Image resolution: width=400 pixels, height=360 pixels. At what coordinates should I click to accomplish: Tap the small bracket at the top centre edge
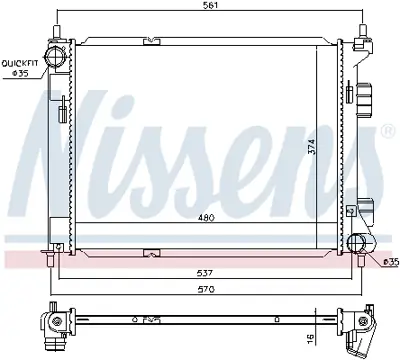pyautogui.click(x=151, y=41)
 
